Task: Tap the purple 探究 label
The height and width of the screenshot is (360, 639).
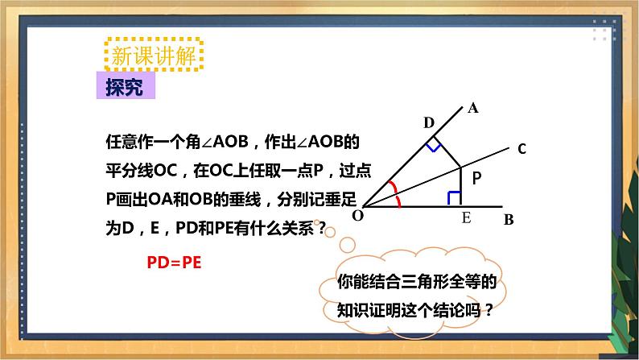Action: point(124,87)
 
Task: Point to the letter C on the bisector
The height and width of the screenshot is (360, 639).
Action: point(522,148)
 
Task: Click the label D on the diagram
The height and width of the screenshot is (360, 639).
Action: point(428,122)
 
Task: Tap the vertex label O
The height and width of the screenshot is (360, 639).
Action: point(357,215)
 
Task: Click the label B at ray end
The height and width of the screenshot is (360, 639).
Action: point(509,218)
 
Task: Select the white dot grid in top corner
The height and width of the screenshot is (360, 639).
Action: point(603,31)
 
